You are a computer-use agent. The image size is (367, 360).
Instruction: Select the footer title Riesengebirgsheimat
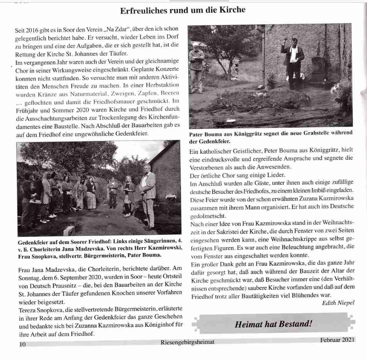pos(187,342)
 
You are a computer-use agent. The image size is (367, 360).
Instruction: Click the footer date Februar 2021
pos(337,340)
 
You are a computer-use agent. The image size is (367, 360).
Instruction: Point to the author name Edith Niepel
pos(338,303)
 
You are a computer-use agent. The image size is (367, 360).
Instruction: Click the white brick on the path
pos(69,230)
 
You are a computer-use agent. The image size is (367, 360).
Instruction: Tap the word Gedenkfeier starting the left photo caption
pos(36,242)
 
